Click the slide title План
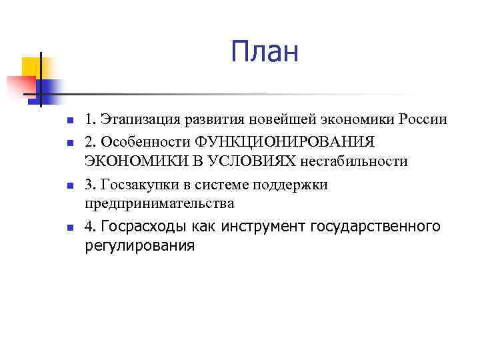(265, 52)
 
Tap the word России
(424, 120)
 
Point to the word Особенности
(148, 141)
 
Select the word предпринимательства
(159, 203)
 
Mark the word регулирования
(139, 245)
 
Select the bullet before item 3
(59, 186)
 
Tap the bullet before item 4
(59, 229)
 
